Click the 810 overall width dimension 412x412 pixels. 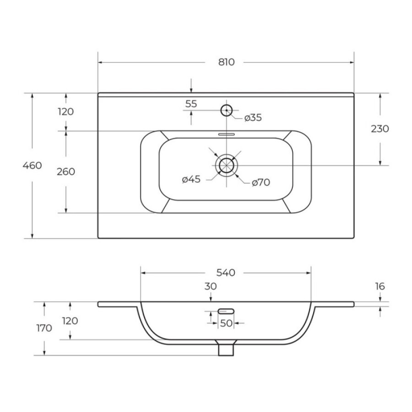click(x=226, y=62)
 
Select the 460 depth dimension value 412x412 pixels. click(x=32, y=166)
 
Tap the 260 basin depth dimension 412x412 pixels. click(x=66, y=172)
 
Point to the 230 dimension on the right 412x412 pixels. click(x=379, y=129)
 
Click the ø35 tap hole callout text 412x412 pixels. click(x=253, y=118)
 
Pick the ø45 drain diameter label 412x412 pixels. click(x=191, y=179)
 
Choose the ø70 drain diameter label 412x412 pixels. click(x=261, y=182)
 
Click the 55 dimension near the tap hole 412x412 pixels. click(x=191, y=104)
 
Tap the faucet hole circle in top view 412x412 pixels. click(x=226, y=110)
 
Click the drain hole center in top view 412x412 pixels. click(x=226, y=165)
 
